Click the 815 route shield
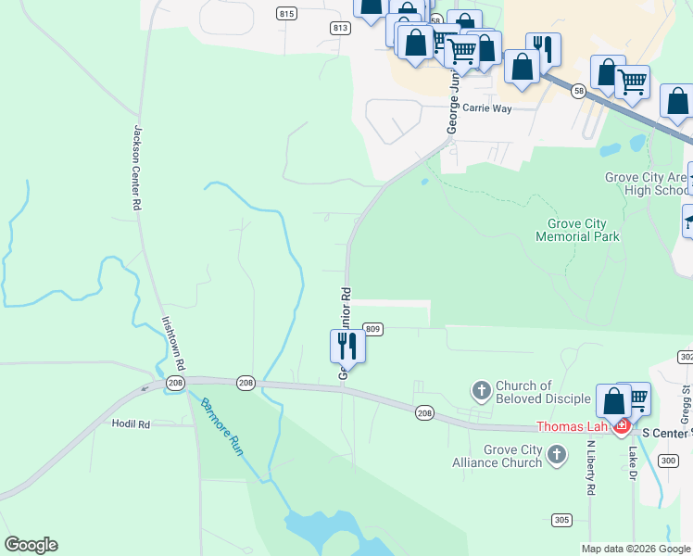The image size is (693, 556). (286, 13)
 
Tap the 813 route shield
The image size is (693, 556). (340, 29)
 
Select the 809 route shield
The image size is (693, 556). (372, 329)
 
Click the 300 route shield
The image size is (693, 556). (669, 460)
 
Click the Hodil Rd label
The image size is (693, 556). (131, 423)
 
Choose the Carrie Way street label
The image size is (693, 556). (487, 108)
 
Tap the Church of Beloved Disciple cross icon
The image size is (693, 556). (481, 391)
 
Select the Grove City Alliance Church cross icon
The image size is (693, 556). (556, 455)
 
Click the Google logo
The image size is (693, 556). (31, 545)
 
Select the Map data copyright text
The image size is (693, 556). (636, 549)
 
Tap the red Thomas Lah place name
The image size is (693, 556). (572, 427)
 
